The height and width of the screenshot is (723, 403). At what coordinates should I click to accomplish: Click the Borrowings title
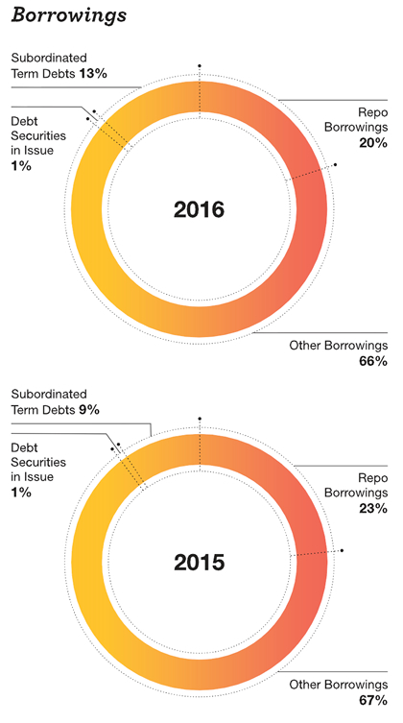[x=69, y=15]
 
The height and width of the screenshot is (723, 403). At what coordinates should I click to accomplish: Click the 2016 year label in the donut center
[x=199, y=210]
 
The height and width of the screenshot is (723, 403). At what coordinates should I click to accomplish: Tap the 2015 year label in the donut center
[x=199, y=563]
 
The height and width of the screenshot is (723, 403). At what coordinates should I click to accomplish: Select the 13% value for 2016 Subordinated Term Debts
[x=93, y=73]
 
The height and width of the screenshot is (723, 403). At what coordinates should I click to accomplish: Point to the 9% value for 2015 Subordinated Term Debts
[x=89, y=409]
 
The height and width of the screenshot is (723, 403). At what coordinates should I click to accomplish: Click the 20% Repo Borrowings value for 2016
[x=373, y=143]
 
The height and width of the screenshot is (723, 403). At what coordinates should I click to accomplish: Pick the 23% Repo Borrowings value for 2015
[x=373, y=508]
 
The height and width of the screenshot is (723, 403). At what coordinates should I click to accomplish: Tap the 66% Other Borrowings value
[x=373, y=361]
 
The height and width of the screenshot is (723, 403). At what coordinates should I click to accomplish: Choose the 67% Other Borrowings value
[x=373, y=701]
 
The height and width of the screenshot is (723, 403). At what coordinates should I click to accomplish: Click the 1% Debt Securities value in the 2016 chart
[x=21, y=165]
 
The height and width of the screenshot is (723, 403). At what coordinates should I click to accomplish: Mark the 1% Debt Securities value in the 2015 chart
[x=21, y=492]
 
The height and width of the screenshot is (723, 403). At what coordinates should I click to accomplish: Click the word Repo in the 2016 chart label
[x=373, y=113]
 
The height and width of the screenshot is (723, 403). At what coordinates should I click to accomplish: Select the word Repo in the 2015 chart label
[x=373, y=478]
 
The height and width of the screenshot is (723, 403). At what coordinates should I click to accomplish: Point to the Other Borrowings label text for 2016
[x=339, y=346]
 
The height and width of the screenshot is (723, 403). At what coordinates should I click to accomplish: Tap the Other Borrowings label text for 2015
[x=339, y=685]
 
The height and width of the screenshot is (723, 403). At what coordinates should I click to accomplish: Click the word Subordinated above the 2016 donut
[x=49, y=59]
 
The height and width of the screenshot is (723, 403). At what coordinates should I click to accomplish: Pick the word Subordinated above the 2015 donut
[x=49, y=395]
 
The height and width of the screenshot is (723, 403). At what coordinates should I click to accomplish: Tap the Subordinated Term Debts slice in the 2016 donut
[x=156, y=106]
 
